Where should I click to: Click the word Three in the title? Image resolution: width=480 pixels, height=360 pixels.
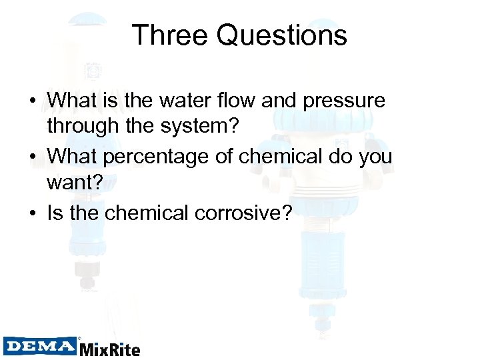pos(171,35)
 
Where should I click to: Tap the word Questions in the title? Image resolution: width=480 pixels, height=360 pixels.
pos(282,35)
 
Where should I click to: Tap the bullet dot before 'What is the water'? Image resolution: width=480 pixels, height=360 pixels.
pos(32,101)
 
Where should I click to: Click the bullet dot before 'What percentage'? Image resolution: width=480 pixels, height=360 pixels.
pos(32,157)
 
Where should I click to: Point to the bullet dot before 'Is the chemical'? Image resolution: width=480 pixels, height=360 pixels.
pos(32,213)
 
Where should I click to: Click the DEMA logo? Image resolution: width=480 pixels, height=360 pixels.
pos(40,346)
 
